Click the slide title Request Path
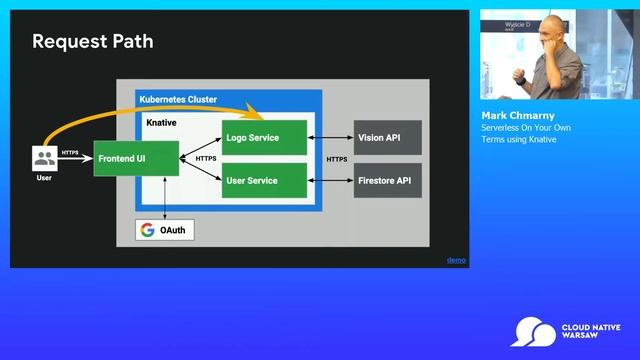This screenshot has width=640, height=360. pos(92,42)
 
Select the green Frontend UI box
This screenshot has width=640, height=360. pos(136,158)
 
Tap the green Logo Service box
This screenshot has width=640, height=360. pos(264,137)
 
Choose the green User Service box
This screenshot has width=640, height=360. pos(264,181)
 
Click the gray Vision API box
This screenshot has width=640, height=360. pos(387,137)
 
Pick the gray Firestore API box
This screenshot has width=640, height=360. pos(387,181)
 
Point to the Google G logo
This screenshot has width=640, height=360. pos(148,230)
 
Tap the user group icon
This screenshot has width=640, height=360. pos(44,158)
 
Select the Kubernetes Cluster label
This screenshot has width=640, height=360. pos(178,99)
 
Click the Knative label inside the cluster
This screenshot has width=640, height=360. pos(162,122)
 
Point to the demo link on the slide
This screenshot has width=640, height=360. pos(456,260)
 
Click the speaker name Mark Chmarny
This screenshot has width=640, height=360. pos(518,116)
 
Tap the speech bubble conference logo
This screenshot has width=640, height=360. pos(532,331)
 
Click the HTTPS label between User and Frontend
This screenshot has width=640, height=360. pos(70,153)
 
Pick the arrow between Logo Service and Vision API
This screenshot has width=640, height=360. pos(330,137)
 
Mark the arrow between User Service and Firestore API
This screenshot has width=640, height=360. pos(330,181)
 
